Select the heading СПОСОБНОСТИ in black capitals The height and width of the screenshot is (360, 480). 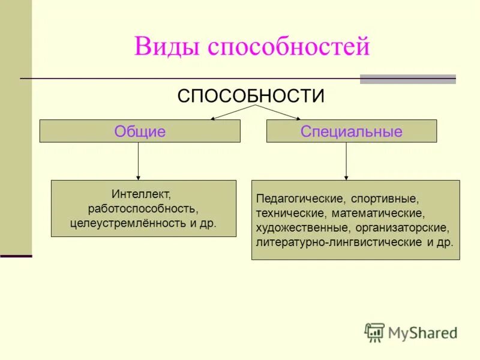(251, 96)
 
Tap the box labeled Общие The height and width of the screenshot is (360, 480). (140, 131)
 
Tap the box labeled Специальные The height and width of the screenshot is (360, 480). (351, 131)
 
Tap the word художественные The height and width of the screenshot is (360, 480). (302, 228)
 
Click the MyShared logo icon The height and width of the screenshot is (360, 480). (374, 332)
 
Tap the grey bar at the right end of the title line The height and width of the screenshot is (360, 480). (407, 79)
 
